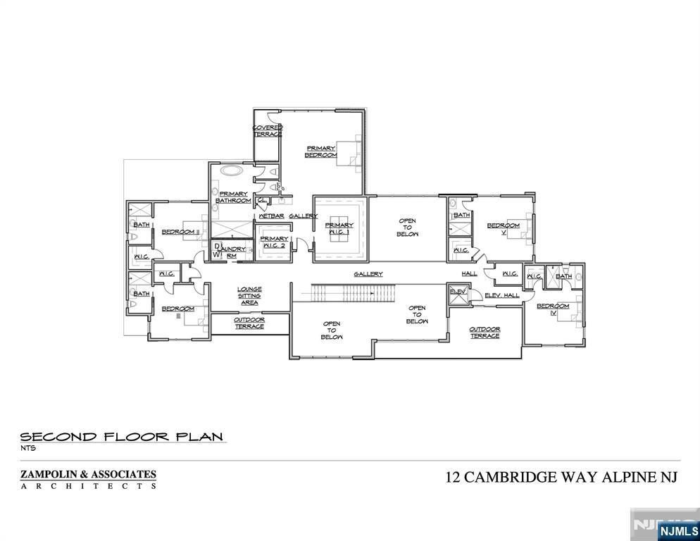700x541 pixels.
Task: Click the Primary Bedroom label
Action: click(320, 151)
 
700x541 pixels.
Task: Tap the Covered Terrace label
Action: click(268, 130)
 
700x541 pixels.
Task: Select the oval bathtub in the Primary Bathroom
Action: click(230, 170)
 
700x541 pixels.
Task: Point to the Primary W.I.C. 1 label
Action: click(339, 230)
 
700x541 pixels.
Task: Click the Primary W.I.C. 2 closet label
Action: click(274, 242)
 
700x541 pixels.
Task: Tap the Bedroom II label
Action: click(180, 232)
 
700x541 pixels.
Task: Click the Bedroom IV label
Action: click(553, 309)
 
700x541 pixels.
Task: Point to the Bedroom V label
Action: click(504, 229)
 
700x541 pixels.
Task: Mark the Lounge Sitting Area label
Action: click(249, 295)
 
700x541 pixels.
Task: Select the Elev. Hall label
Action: click(502, 295)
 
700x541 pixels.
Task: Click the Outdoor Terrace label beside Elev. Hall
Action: click(485, 332)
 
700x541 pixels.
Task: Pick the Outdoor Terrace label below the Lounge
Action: click(249, 323)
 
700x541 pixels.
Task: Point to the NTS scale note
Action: click(27, 448)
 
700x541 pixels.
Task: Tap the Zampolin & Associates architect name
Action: click(88, 475)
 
